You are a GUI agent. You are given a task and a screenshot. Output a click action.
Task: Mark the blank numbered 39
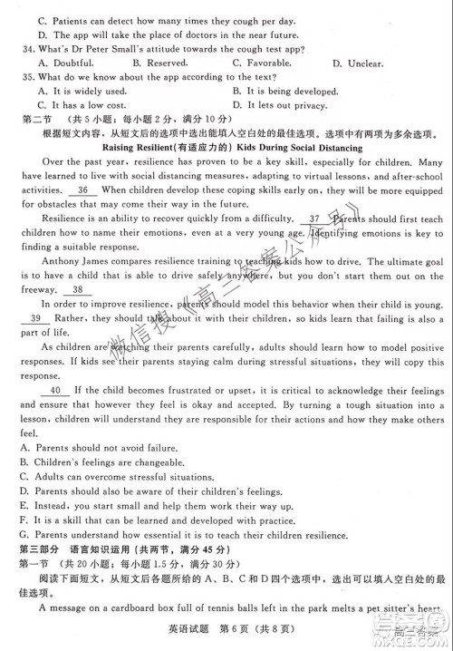[35, 319]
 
